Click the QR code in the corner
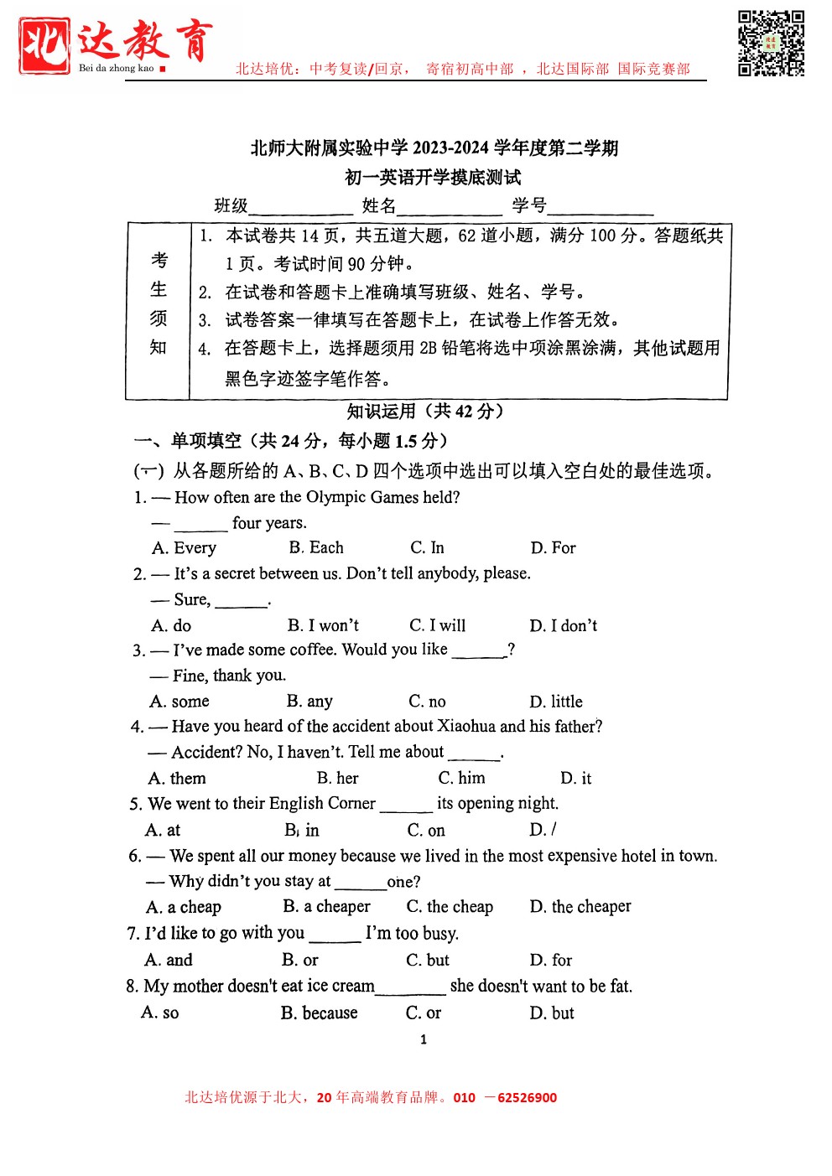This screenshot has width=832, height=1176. (771, 44)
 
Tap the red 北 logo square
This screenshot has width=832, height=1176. (44, 45)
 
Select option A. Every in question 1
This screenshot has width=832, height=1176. (184, 548)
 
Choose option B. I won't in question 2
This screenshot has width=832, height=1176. (323, 625)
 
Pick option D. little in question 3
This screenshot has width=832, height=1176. (555, 702)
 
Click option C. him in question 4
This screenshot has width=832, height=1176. (461, 778)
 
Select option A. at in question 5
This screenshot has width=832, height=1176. (163, 830)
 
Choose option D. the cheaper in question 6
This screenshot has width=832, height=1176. (580, 907)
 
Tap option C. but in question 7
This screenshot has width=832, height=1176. (428, 960)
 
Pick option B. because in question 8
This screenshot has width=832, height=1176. (319, 1013)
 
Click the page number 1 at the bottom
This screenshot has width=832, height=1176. (424, 1039)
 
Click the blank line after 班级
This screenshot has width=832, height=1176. (300, 208)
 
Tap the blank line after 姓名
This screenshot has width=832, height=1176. (450, 208)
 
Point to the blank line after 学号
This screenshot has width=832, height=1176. (600, 208)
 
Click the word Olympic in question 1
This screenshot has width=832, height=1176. (335, 497)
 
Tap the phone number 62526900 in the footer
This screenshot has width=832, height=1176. (527, 1098)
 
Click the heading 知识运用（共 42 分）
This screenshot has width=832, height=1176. (425, 412)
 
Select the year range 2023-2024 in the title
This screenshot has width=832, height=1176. (450, 148)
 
